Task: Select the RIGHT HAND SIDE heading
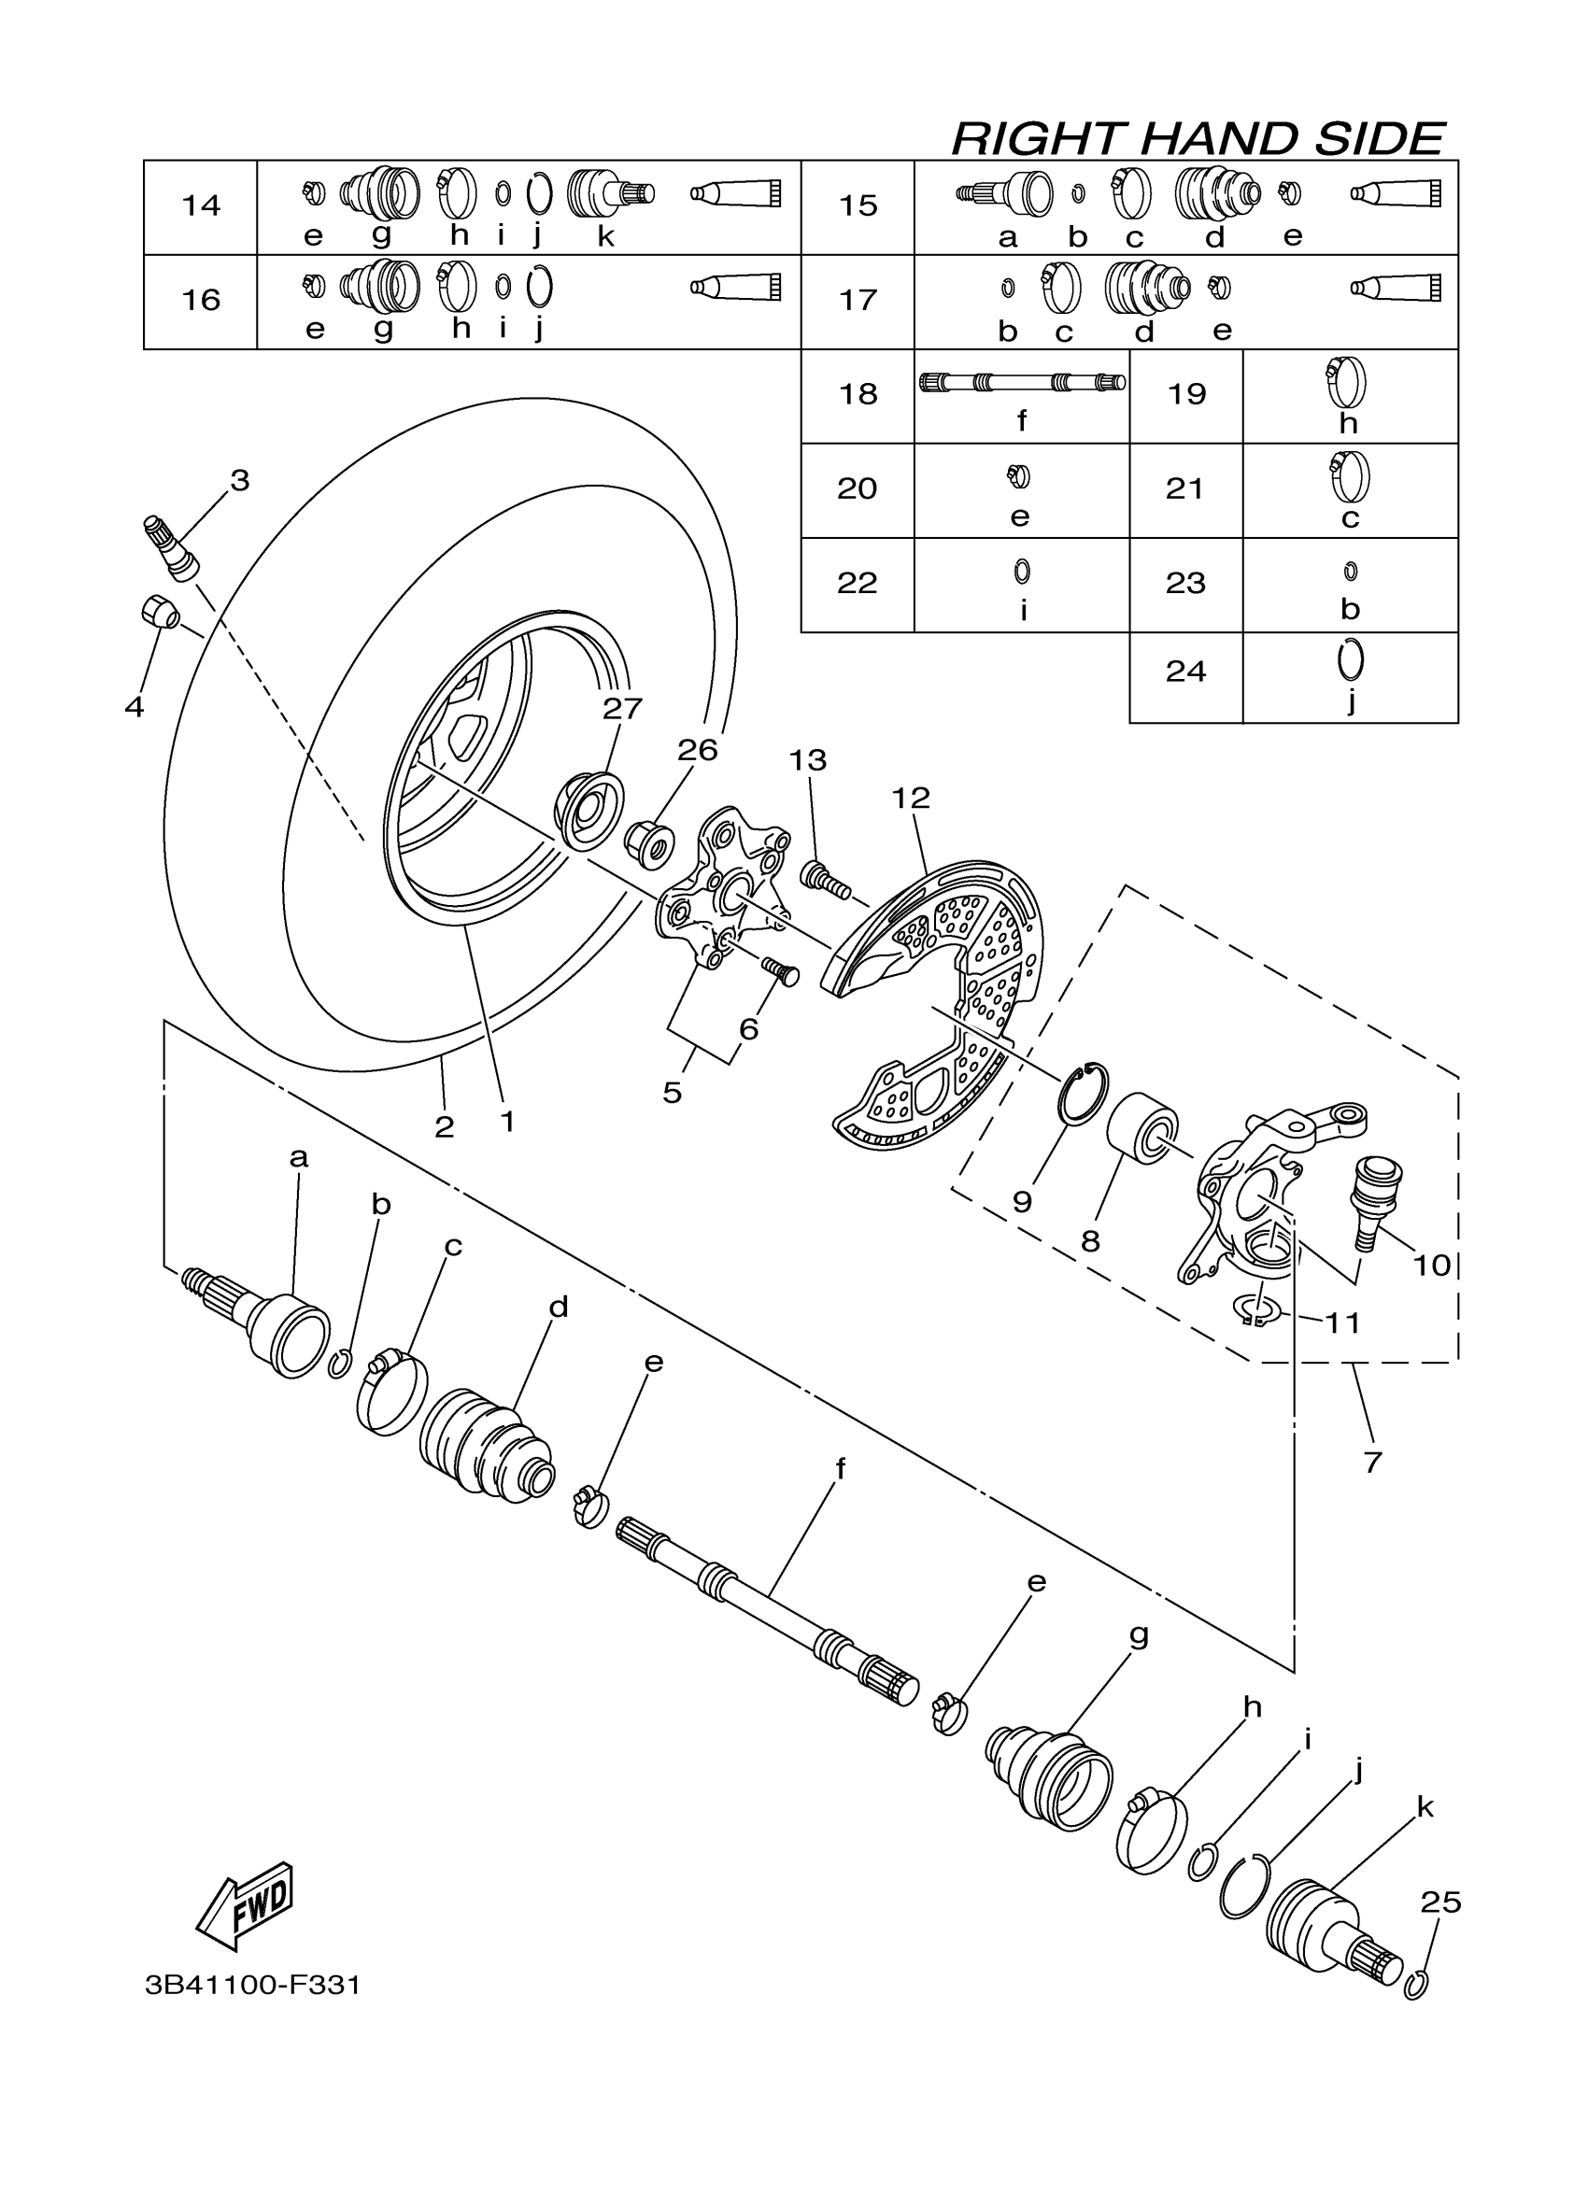coord(1198,138)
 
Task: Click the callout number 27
coord(621,709)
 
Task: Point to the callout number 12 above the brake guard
coord(910,799)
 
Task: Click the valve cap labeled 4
coord(158,612)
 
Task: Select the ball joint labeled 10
coord(1375,1198)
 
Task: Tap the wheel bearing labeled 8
coord(1141,1130)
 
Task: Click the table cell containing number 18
coord(858,394)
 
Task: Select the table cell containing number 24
coord(1185,672)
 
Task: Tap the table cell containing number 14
coord(201,205)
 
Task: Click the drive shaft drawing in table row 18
coord(1021,383)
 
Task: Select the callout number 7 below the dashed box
coord(1372,1463)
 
